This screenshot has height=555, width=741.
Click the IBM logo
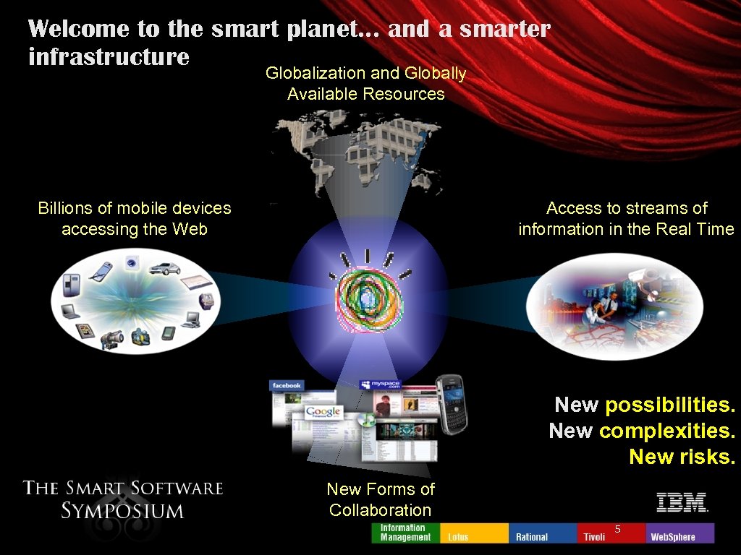[x=681, y=502]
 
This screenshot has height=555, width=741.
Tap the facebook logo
[x=287, y=385]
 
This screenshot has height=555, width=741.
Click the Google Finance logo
[x=322, y=413]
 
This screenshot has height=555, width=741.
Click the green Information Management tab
[x=404, y=533]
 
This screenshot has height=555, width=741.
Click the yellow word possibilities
[x=670, y=405]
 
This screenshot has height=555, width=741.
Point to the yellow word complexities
[x=667, y=431]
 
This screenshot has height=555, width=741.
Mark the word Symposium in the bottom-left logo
[x=122, y=511]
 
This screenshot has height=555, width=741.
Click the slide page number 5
[x=617, y=529]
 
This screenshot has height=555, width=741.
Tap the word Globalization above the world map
[x=316, y=73]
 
